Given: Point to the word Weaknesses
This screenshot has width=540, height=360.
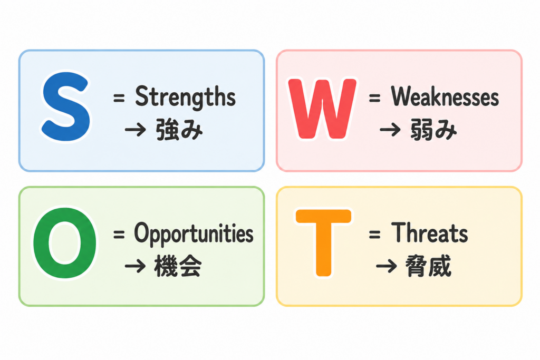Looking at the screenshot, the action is pos(445,96).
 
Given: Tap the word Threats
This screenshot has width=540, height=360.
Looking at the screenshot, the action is pos(429,233).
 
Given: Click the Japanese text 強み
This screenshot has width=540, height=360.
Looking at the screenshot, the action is pos(179,130).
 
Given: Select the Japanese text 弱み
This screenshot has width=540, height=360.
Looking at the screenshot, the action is pos(433,130).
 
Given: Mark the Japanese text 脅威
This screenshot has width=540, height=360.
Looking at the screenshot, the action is pos(428,266).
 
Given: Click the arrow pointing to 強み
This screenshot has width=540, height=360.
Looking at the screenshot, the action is pos(136,130).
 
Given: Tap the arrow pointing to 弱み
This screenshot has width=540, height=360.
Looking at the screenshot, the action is pos(390,130).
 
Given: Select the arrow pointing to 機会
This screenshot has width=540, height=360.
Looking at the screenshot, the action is pos(136,267).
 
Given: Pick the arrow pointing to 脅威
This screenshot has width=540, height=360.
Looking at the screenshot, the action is pos(387,267).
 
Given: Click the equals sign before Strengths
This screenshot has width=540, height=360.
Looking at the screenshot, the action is pos(119,98).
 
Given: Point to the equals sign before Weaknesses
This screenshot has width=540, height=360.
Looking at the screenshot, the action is pos(375,98).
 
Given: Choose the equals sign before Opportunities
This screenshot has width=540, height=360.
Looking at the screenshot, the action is pos(119,235).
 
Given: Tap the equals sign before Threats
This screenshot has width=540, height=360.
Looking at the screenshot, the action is pos(375,235).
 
